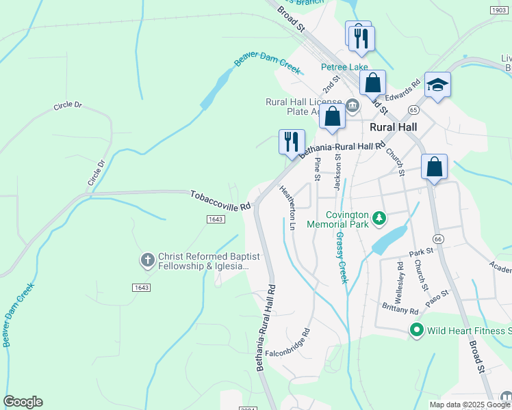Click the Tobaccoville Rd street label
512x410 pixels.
[x=220, y=200]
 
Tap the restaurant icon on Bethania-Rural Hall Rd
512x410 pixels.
[x=292, y=142]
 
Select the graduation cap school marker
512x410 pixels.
[x=437, y=85]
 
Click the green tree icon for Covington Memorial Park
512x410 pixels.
[x=379, y=219]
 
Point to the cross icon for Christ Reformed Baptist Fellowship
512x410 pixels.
[x=146, y=260]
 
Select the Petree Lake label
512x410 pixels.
[x=345, y=67]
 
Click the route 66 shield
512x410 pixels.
[x=439, y=238]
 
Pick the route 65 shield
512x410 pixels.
[x=413, y=109]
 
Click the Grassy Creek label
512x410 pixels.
[x=341, y=258]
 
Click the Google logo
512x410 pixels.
[x=23, y=402]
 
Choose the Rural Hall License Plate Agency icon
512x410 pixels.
[x=353, y=105]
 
